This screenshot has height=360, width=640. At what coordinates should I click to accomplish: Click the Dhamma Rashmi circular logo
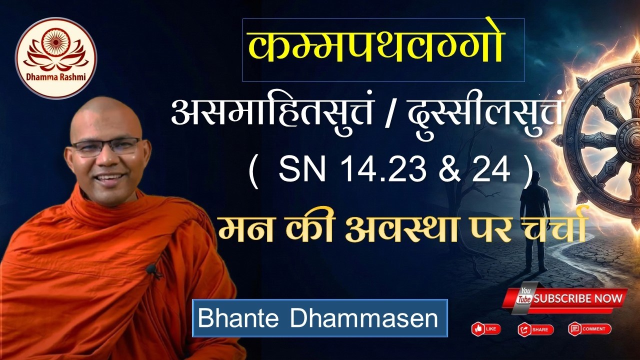(x=56, y=58)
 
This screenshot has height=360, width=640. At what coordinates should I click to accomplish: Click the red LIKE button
(x=486, y=329)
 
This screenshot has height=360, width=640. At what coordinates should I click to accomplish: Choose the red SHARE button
(x=535, y=329)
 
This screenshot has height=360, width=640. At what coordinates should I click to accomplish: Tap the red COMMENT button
(x=589, y=329)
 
